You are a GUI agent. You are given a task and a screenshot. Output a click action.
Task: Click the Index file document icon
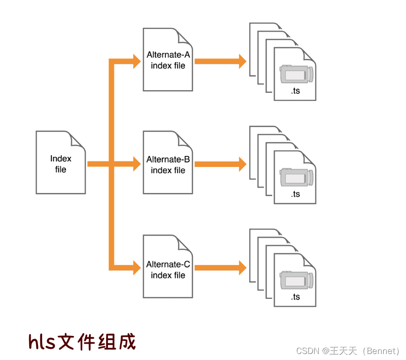61,162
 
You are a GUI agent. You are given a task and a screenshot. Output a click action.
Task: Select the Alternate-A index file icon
168,59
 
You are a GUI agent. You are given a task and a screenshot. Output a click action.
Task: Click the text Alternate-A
168,54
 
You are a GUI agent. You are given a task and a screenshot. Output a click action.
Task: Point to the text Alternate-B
168,160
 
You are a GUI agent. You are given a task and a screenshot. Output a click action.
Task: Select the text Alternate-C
168,264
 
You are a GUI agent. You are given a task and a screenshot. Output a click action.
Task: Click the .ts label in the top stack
295,91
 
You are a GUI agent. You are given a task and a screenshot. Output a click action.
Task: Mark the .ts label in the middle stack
295,194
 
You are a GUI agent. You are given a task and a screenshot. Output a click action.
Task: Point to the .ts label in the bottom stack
295,297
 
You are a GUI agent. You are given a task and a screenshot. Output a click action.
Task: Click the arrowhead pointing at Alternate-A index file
136,61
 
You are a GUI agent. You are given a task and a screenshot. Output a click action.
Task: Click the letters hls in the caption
42,341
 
